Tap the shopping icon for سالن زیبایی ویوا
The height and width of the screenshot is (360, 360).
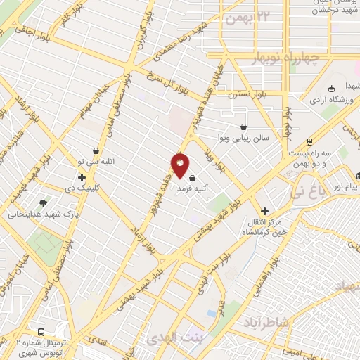pyautogui.click(x=243, y=127)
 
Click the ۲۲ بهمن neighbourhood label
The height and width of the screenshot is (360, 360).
pyautogui.click(x=245, y=18)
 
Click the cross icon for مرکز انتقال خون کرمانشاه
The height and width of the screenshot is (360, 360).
pyautogui.click(x=264, y=211)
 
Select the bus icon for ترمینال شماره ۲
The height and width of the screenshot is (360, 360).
pyautogui.click(x=42, y=332)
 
